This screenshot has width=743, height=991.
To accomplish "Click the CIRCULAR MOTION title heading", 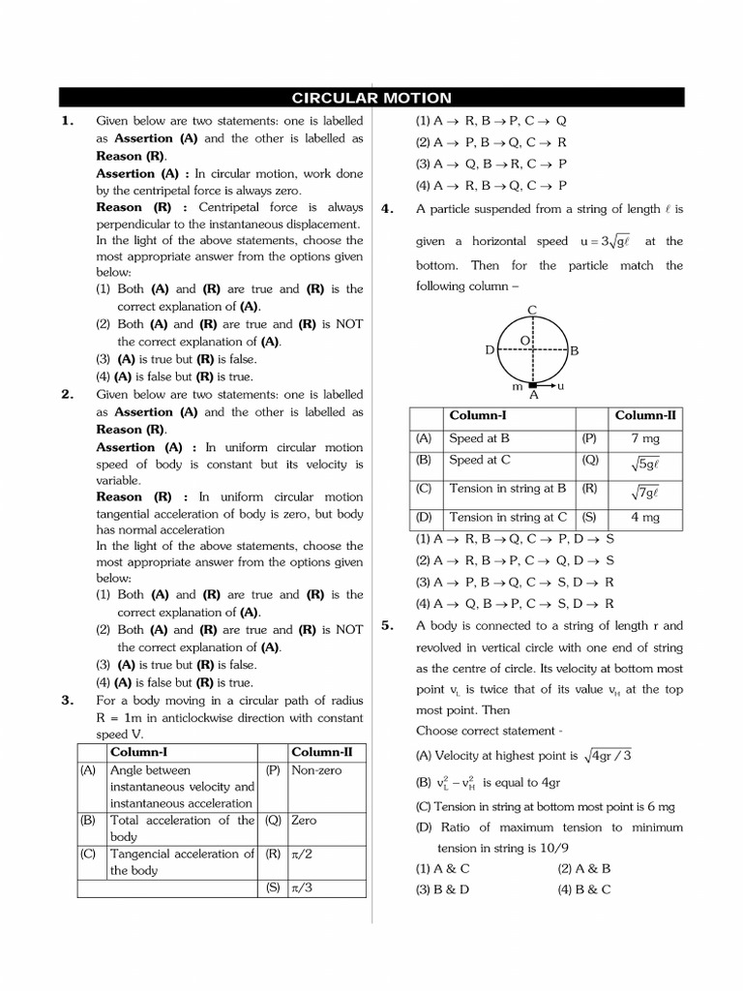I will pyautogui.click(x=371, y=98).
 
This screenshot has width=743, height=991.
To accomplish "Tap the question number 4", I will pyautogui.click(x=386, y=209).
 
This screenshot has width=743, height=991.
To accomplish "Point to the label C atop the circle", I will pyautogui.click(x=532, y=309).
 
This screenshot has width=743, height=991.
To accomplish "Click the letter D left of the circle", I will pyautogui.click(x=490, y=349).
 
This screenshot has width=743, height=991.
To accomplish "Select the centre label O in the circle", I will pyautogui.click(x=524, y=341).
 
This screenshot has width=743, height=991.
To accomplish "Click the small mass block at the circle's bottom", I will pyautogui.click(x=532, y=385).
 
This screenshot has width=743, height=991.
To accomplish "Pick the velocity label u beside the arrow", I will pyautogui.click(x=561, y=385).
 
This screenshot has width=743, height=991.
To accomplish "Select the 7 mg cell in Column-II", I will pyautogui.click(x=644, y=438).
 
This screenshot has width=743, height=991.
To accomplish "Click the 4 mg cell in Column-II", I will pyautogui.click(x=644, y=518).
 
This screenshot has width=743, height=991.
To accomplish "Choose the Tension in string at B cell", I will pyautogui.click(x=504, y=489).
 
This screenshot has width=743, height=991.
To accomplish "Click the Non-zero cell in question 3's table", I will pyautogui.click(x=315, y=770).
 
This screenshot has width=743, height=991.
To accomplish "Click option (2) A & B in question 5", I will pyautogui.click(x=583, y=869).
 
